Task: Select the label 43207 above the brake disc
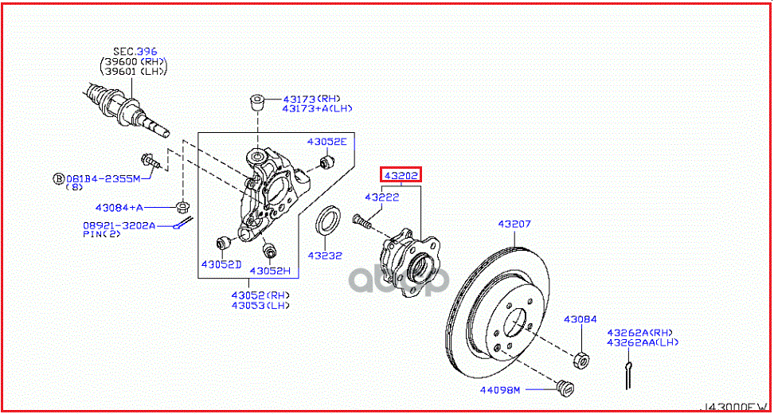pyautogui.click(x=514, y=225)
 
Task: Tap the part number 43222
pyautogui.click(x=381, y=197)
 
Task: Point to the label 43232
pyautogui.click(x=326, y=256)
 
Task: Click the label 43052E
pyautogui.click(x=327, y=142)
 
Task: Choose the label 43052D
pyautogui.click(x=221, y=264)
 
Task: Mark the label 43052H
pyautogui.click(x=270, y=271)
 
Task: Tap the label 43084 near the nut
pyautogui.click(x=580, y=319)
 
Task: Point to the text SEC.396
pyautogui.click(x=135, y=52)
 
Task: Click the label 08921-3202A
pyautogui.click(x=119, y=225)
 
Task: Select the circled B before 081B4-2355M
pyautogui.click(x=58, y=178)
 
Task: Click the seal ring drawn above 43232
pyautogui.click(x=330, y=221)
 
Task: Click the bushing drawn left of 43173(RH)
pyautogui.click(x=257, y=102)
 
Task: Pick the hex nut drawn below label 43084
pyautogui.click(x=581, y=361)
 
